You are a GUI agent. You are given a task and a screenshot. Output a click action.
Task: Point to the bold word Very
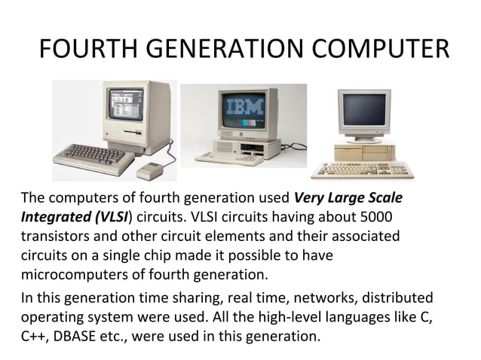click(x=308, y=199)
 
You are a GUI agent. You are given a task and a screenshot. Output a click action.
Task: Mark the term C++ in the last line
click(x=33, y=334)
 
